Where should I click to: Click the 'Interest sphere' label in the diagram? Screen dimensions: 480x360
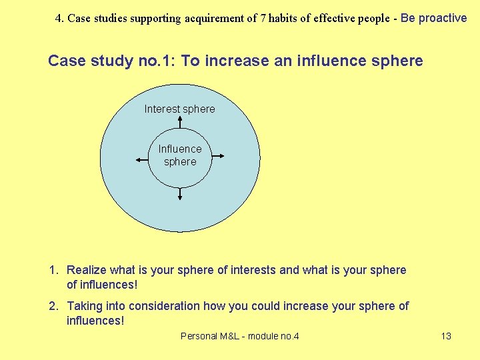179,109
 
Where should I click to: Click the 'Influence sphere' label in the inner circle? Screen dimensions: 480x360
180,155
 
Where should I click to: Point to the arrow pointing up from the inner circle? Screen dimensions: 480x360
180,121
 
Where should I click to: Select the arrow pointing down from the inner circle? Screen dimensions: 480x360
180,194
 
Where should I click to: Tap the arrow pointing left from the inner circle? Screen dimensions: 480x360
141,159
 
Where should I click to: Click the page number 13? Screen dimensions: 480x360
446,336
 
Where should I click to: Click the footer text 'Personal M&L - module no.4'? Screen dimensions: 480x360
240,336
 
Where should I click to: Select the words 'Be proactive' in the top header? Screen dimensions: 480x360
434,18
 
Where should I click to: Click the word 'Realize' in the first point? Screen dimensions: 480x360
87,270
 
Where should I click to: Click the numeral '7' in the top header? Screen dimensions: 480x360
263,19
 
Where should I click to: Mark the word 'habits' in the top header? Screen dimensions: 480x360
283,19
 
